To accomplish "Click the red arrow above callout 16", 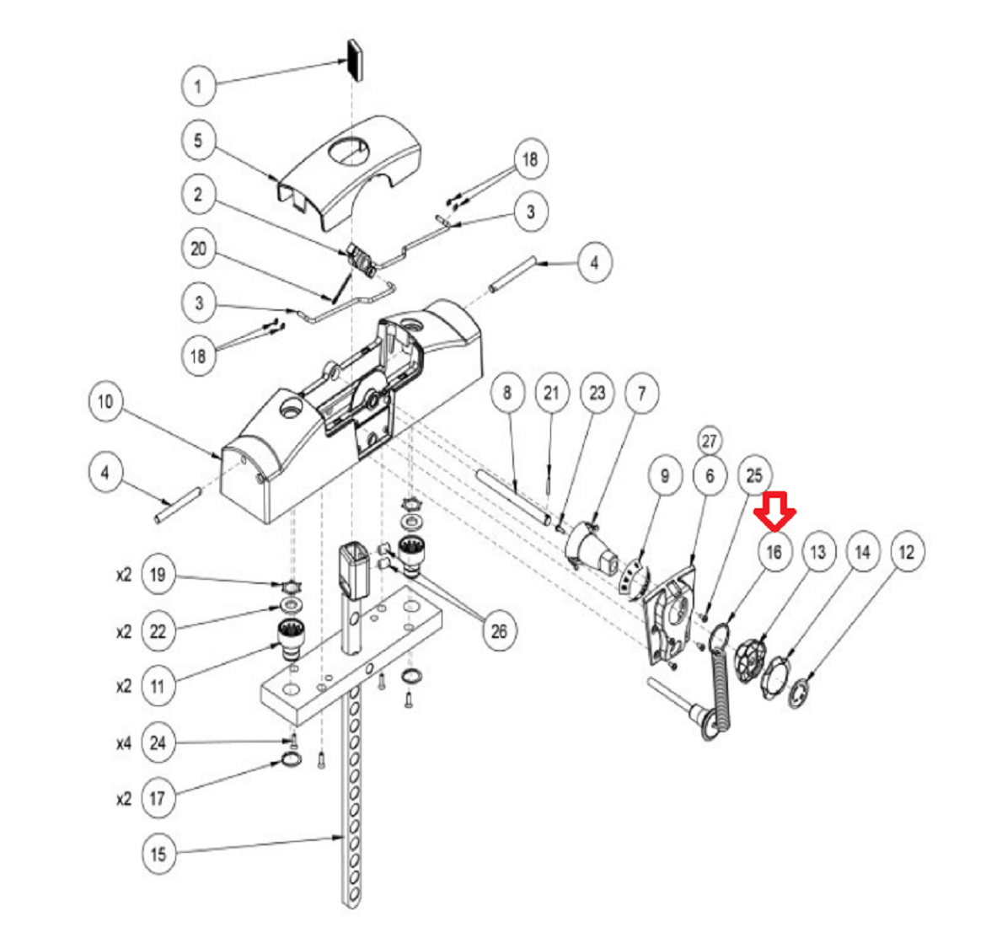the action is point(774,510).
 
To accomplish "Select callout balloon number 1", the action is point(199,85).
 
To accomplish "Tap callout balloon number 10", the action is point(105,401).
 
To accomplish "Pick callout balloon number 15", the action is point(158,854).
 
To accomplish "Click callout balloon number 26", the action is point(499,631).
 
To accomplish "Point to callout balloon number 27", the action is point(710,441).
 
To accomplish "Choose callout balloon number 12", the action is point(907,552).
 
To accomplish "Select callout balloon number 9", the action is point(665,476).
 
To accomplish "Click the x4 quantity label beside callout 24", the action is point(124,744).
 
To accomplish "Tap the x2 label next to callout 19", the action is point(124,576).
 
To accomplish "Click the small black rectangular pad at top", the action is point(356,61).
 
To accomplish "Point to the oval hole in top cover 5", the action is point(348,152).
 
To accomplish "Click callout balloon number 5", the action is point(199,140).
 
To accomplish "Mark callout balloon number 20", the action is point(199,249).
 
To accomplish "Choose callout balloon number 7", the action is point(642,393).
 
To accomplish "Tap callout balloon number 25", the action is point(754,475).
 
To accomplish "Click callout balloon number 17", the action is point(158,799).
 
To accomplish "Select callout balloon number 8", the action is point(507,393).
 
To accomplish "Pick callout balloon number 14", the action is point(863,552).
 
